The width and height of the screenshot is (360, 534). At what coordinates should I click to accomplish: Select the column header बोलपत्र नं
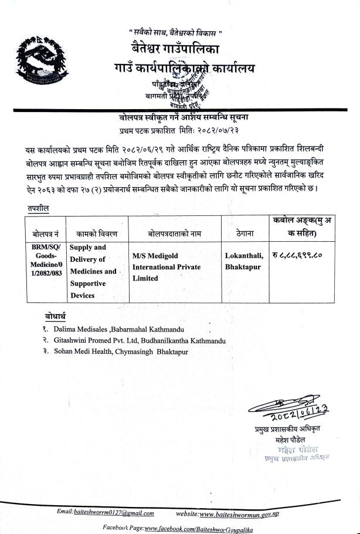pos(44,234)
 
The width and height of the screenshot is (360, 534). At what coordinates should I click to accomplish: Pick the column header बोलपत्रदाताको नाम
pos(174,234)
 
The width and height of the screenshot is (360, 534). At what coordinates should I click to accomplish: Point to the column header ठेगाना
pos(244,234)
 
